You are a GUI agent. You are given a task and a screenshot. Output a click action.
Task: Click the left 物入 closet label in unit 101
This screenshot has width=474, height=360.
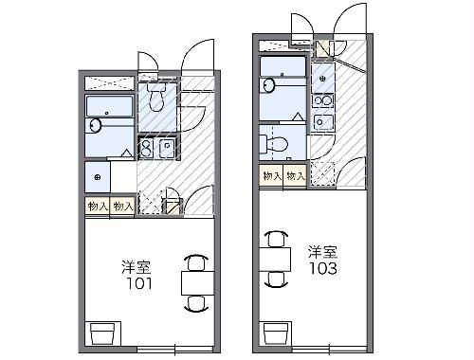point(97,205)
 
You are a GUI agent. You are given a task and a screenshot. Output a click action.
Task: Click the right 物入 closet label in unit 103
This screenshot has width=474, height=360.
point(295,176)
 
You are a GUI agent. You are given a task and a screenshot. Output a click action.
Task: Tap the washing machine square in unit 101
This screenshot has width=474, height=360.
point(98,176)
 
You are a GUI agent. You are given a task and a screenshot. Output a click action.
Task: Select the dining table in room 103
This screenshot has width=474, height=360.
point(275,256)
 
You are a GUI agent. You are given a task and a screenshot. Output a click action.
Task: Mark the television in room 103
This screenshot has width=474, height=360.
point(275,332)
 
